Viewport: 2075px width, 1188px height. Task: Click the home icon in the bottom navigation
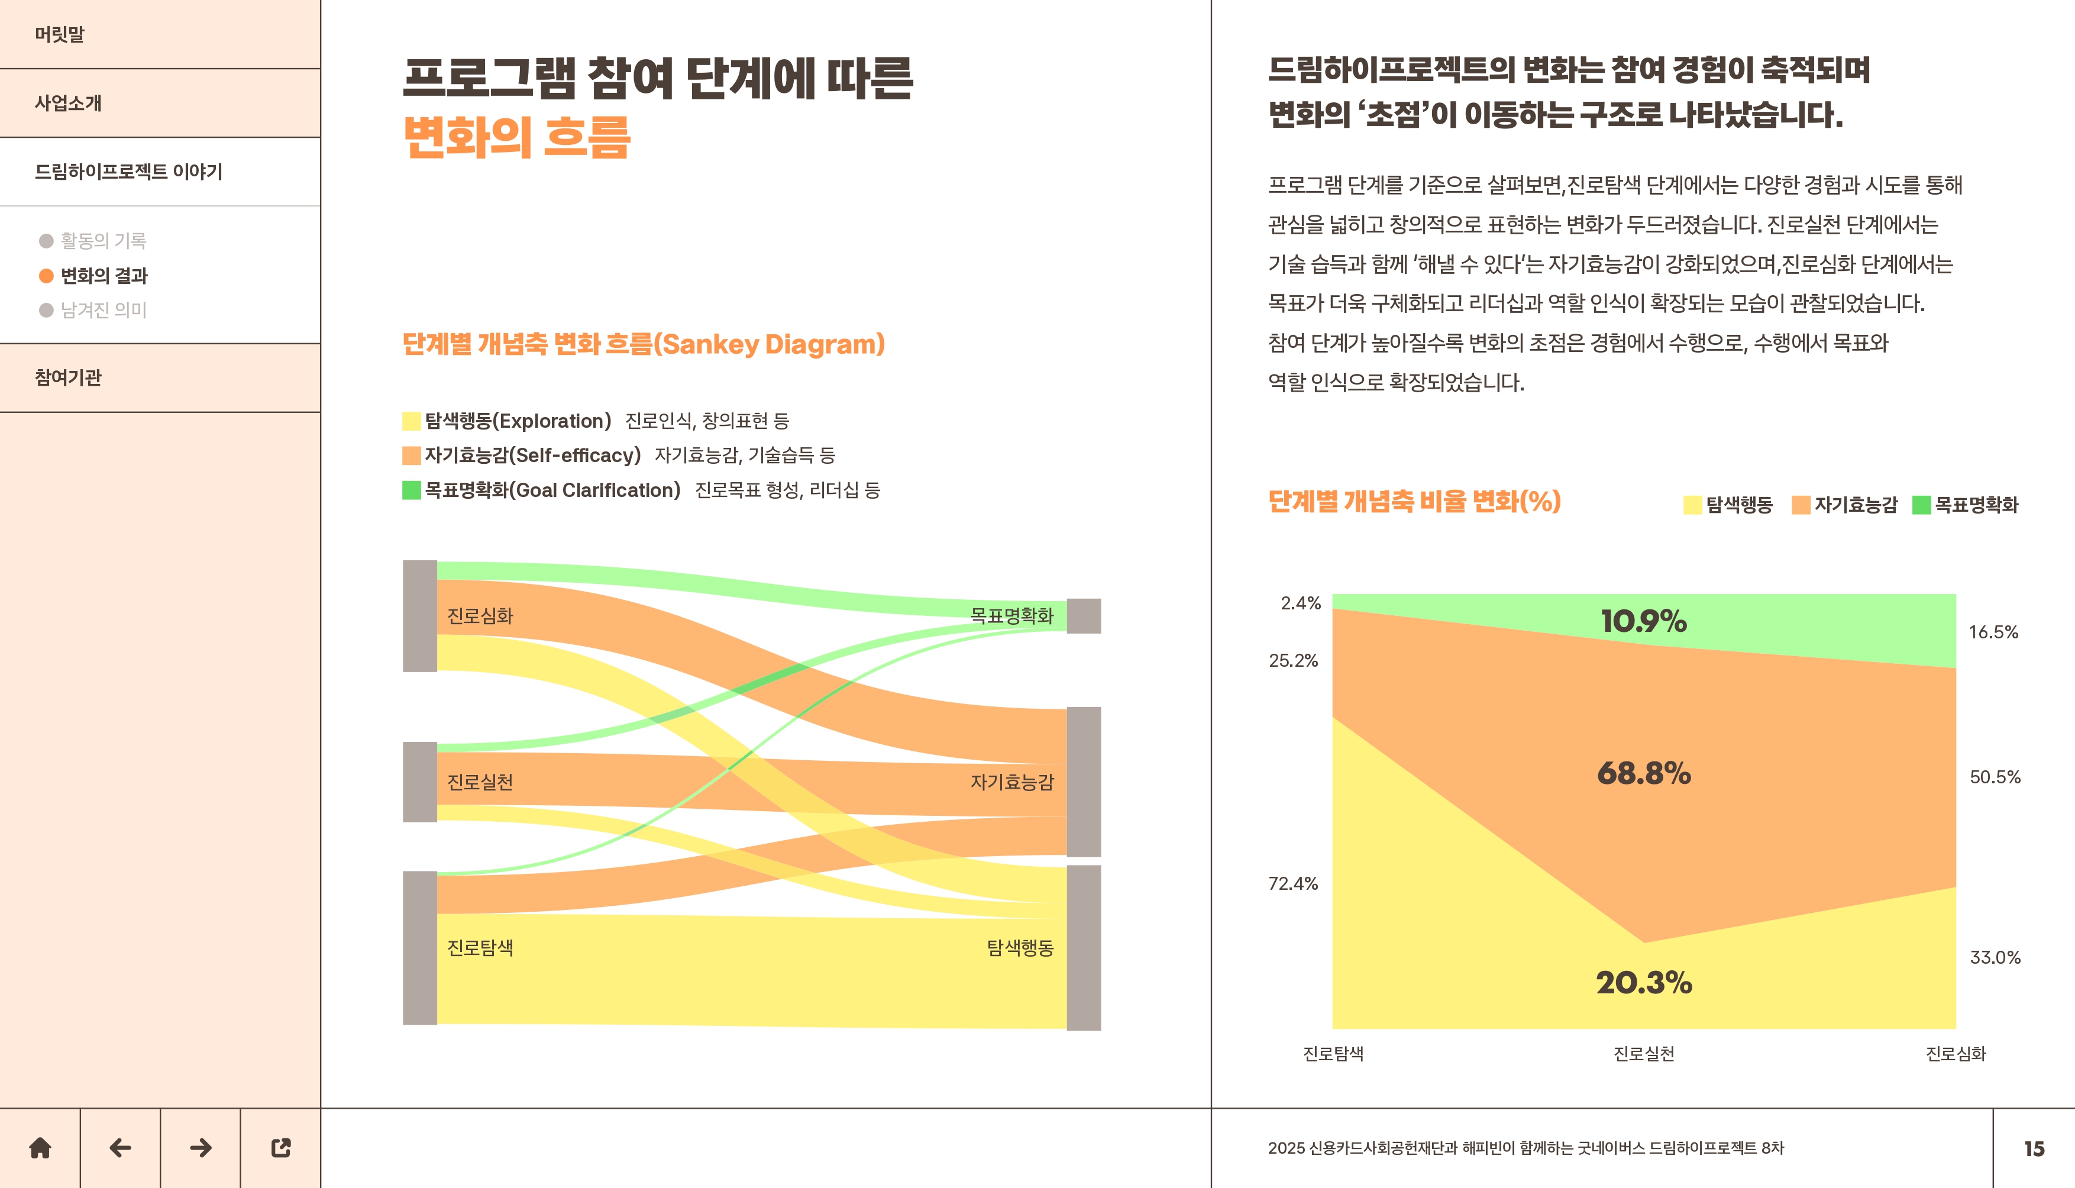[40, 1148]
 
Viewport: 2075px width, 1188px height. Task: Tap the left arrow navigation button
[120, 1148]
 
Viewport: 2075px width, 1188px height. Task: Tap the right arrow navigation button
[201, 1148]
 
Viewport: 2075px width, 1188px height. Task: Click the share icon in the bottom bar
[280, 1148]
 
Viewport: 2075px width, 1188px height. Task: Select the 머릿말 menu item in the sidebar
[60, 34]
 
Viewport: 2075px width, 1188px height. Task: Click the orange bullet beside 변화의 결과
[47, 276]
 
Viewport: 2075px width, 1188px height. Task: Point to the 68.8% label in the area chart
[1644, 773]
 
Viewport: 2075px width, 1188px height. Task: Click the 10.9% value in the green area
[1644, 622]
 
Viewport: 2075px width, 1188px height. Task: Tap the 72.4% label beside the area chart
[1293, 884]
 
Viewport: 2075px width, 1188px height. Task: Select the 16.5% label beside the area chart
[1993, 632]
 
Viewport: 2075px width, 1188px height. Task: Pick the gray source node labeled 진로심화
[420, 616]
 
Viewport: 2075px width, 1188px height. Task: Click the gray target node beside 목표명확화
[1084, 616]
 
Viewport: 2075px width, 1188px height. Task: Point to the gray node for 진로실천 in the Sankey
[420, 782]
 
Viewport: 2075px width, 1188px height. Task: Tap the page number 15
[2034, 1149]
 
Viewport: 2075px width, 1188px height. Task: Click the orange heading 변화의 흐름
[517, 137]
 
